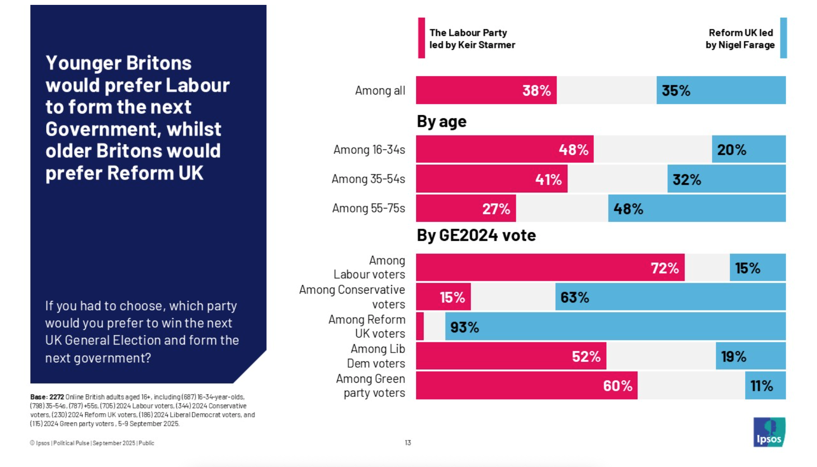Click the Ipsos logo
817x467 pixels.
(x=769, y=432)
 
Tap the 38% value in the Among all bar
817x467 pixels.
(x=536, y=91)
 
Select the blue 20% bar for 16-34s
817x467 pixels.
(x=749, y=149)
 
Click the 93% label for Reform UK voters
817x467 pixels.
(x=464, y=327)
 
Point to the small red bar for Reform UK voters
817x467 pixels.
(x=420, y=326)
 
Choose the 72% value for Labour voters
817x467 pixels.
(x=664, y=268)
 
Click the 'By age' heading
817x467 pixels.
(x=442, y=122)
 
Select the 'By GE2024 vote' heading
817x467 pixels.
(x=476, y=235)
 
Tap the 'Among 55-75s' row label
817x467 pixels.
(x=368, y=208)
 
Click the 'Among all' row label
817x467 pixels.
(x=380, y=91)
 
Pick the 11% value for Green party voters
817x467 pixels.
(x=762, y=386)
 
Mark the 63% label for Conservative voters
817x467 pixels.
(x=574, y=297)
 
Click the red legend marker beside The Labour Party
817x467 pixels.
(x=422, y=38)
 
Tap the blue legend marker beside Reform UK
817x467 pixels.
(x=783, y=38)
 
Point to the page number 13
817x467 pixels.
(x=408, y=443)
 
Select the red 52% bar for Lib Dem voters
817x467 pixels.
(x=510, y=356)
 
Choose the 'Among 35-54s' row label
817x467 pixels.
(x=368, y=179)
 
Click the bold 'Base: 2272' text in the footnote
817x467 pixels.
(x=47, y=397)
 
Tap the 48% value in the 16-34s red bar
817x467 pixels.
(x=573, y=150)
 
